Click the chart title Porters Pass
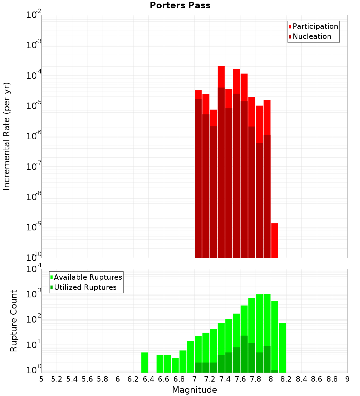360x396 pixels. point(180,6)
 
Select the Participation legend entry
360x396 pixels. point(315,26)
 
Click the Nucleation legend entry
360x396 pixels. point(312,36)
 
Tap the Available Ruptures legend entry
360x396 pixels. point(88,277)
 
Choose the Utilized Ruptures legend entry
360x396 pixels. point(85,287)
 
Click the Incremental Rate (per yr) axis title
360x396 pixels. point(7,136)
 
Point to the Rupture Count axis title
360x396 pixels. point(14,320)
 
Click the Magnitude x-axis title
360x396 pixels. point(194,390)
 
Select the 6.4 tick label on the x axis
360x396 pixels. point(148,379)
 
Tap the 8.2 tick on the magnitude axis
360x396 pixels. point(286,379)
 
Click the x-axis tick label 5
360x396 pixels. point(41,379)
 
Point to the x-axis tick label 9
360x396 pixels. point(347,379)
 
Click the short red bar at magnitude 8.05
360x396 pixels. point(275,240)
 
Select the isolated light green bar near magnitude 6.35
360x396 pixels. point(144,363)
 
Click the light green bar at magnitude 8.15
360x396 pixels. point(282,348)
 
